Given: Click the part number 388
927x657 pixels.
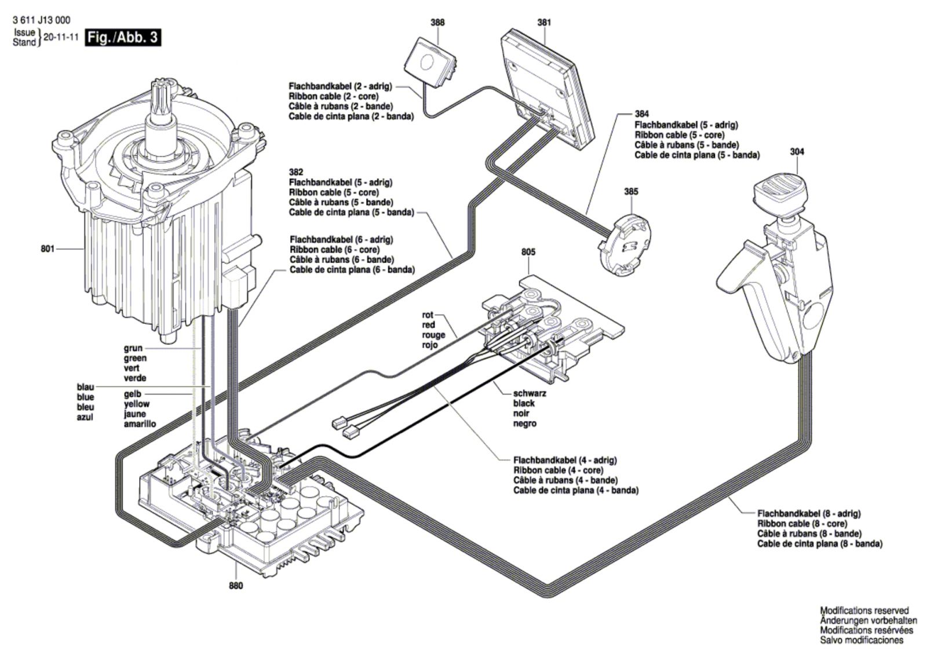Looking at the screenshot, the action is click(x=437, y=23).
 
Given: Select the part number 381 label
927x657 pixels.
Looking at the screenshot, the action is click(x=544, y=23).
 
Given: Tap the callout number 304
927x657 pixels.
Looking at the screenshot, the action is click(x=797, y=151).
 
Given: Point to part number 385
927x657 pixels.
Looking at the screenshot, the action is click(x=631, y=192).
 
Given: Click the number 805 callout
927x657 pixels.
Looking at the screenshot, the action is click(x=528, y=251).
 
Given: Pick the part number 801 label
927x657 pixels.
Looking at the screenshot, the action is click(x=48, y=249).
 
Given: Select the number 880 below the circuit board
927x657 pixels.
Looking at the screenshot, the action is click(x=236, y=585).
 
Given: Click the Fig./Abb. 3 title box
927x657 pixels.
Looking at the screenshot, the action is click(x=123, y=37).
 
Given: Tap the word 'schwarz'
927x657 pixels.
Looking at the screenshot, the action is click(x=530, y=393).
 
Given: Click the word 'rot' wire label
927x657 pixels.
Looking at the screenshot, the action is click(x=428, y=315).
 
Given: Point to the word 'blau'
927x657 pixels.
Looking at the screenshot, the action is click(x=85, y=387).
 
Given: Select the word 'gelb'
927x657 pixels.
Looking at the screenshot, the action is click(x=133, y=394).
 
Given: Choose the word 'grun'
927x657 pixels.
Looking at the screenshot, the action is click(x=133, y=348).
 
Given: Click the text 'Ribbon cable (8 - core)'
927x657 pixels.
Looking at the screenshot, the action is click(x=802, y=523).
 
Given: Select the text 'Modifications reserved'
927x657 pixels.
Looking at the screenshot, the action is click(x=864, y=611).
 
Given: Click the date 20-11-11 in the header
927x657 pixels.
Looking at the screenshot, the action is click(x=61, y=37).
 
